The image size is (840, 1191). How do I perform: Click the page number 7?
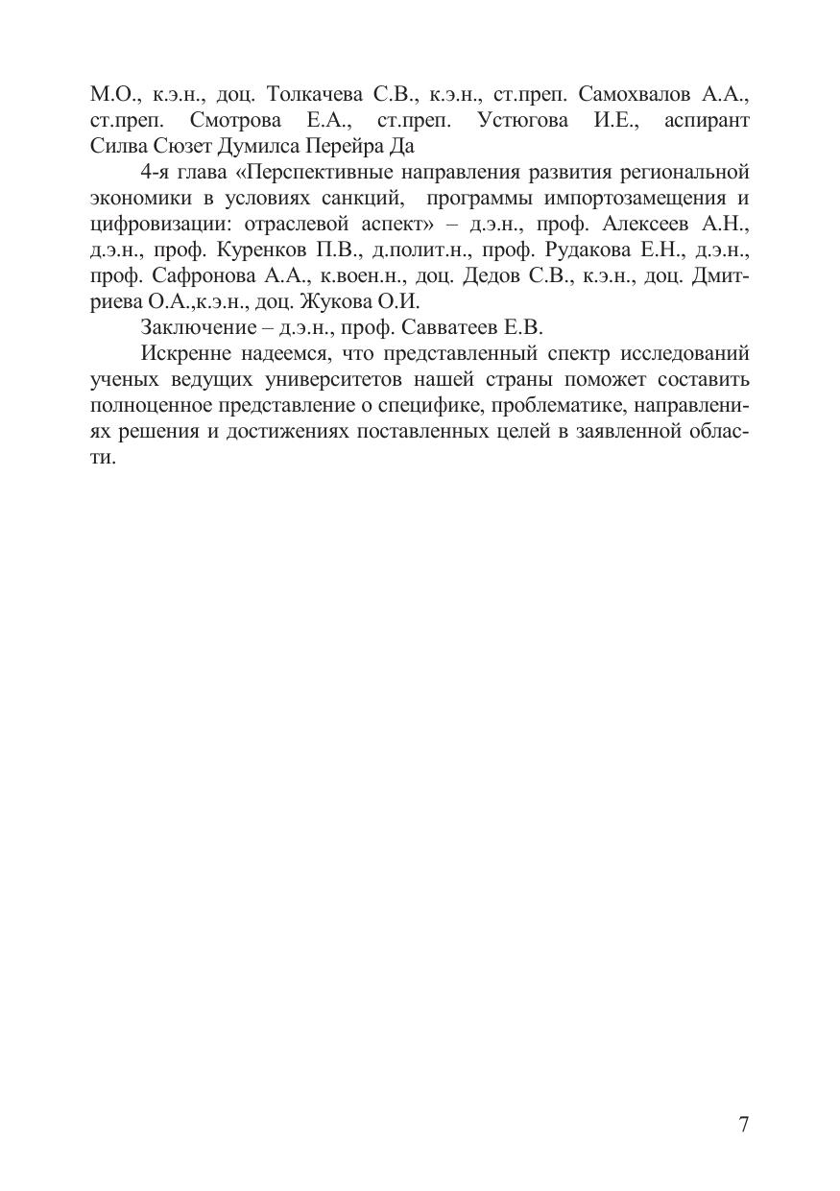point(743,1126)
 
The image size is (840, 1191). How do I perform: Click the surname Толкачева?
point(314,94)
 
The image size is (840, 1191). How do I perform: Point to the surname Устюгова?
point(522,120)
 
